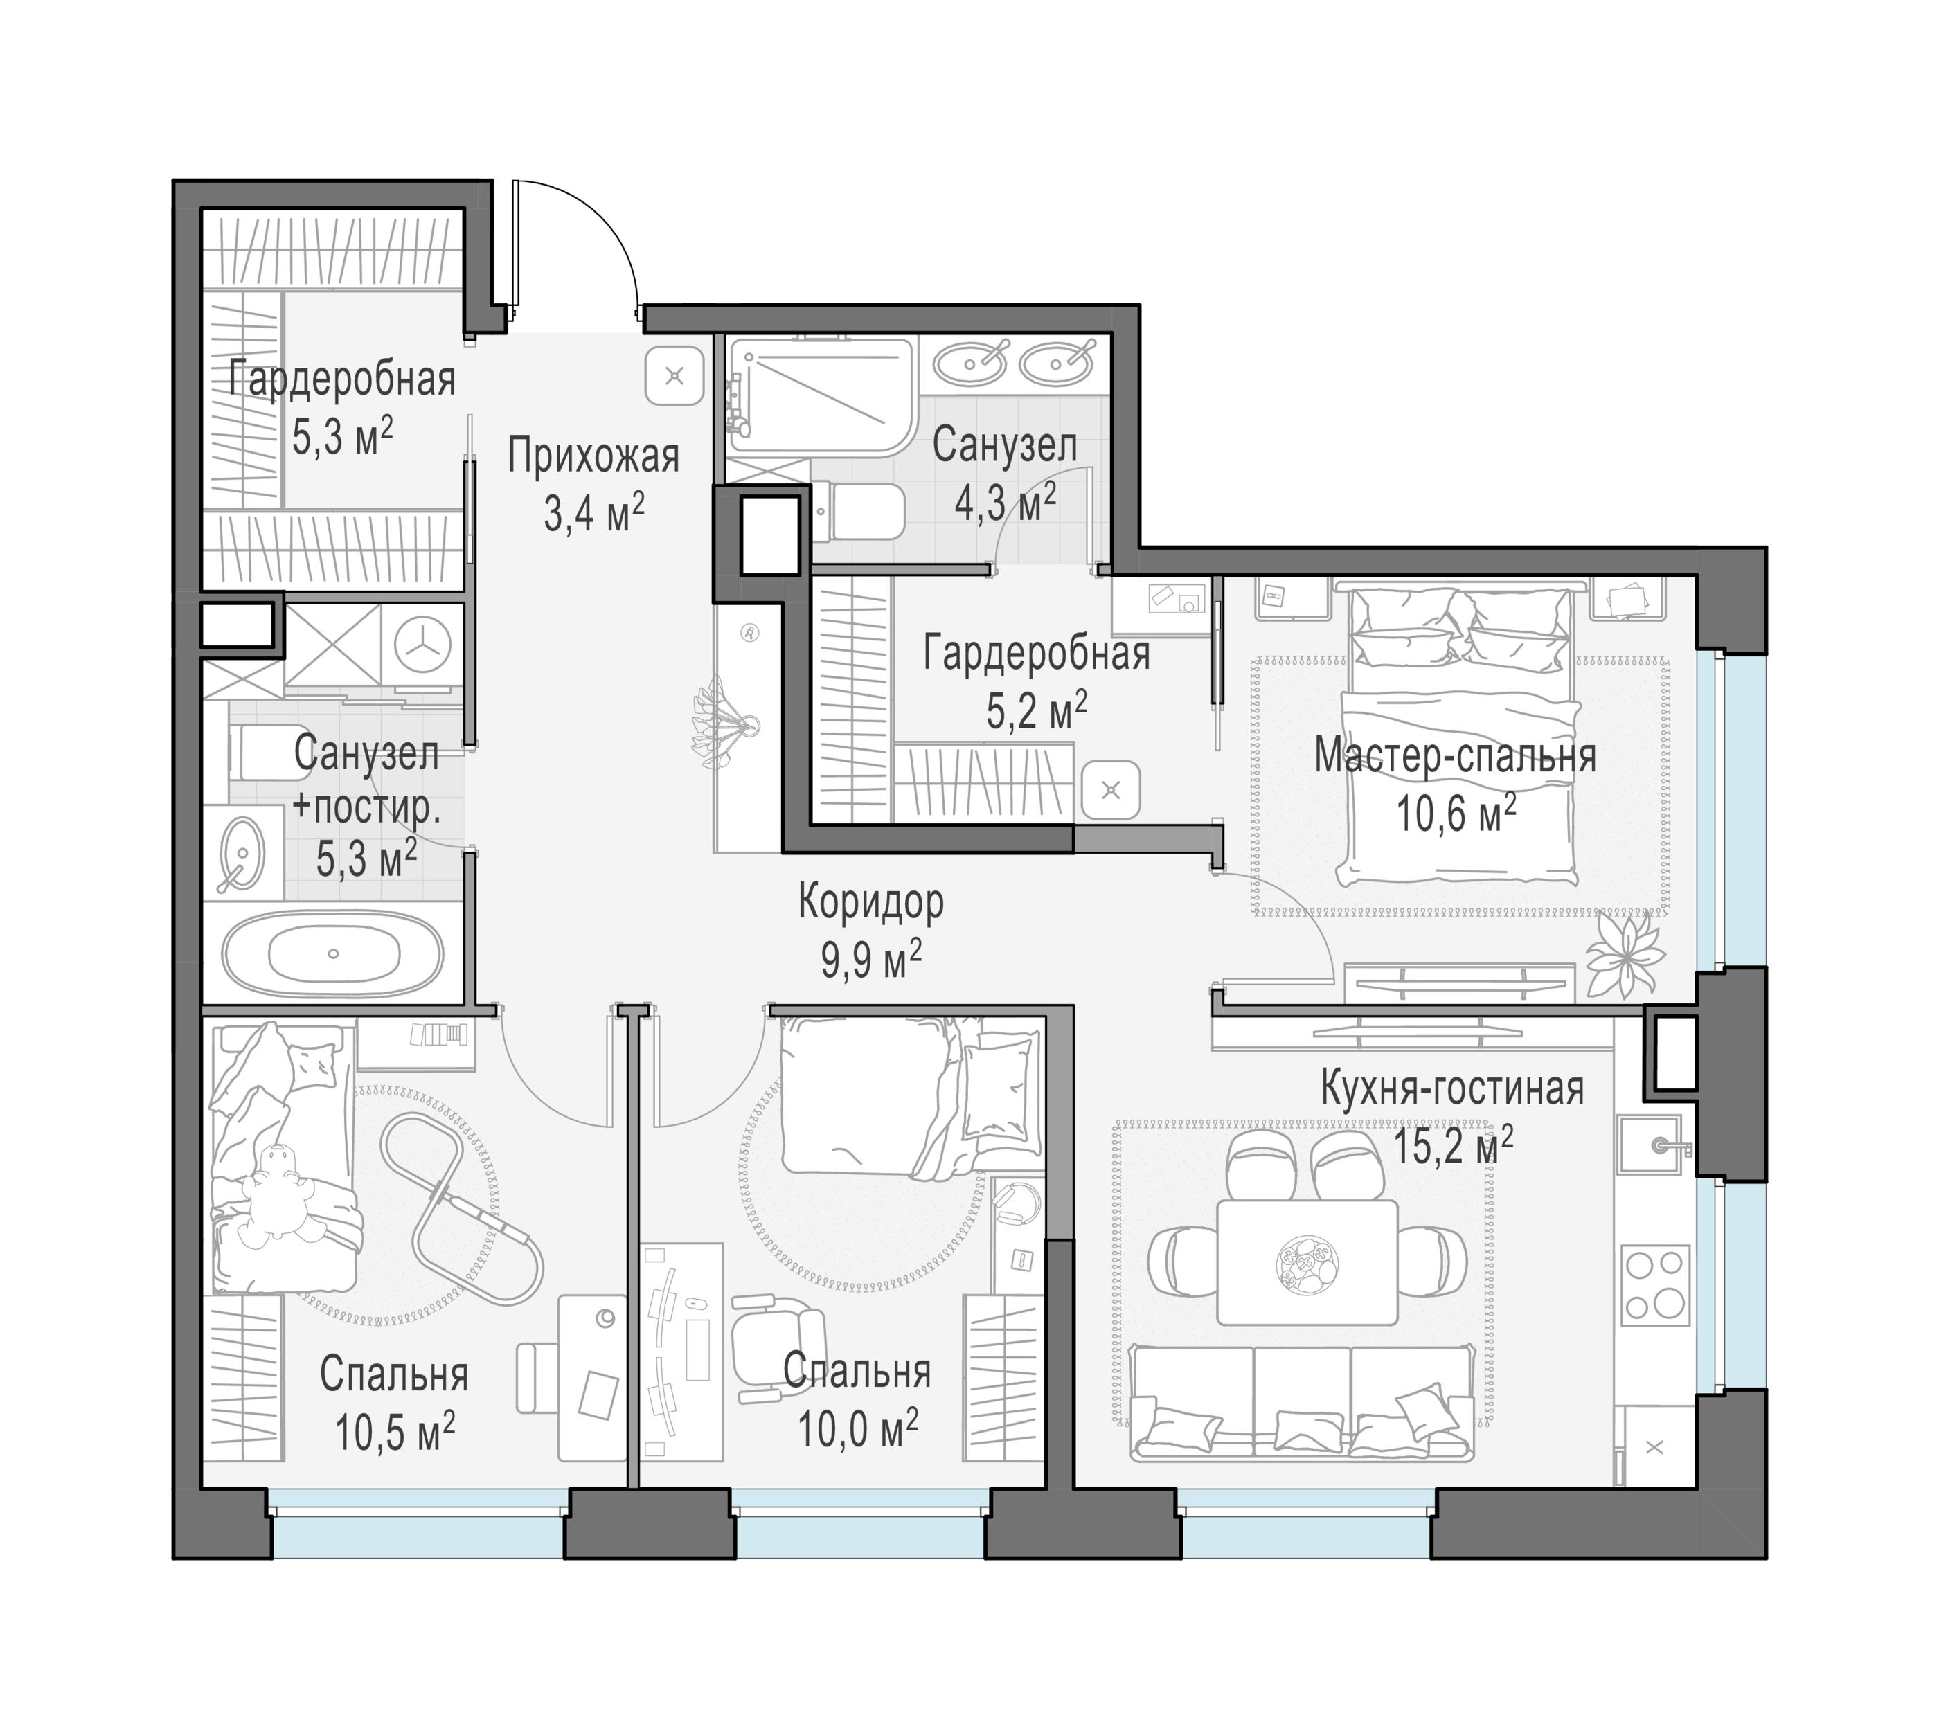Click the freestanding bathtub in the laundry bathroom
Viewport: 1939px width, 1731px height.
pyautogui.click(x=333, y=953)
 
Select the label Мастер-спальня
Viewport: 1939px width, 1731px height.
pyautogui.click(x=1455, y=757)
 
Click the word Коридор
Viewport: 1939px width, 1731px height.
pyautogui.click(x=870, y=901)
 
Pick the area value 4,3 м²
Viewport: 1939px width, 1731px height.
pyautogui.click(x=1006, y=502)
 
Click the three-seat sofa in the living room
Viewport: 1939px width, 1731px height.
pyautogui.click(x=1301, y=1402)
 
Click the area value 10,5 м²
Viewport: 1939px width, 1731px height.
pyautogui.click(x=395, y=1431)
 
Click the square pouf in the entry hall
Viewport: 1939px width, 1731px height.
pyautogui.click(x=674, y=376)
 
